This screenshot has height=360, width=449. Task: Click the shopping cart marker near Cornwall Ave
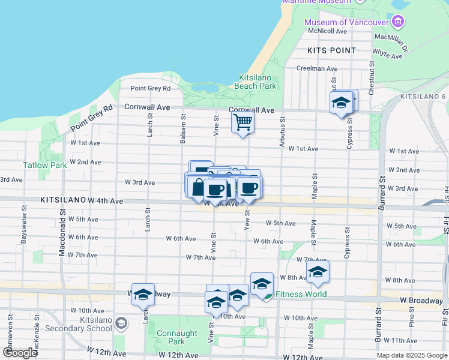[243, 123]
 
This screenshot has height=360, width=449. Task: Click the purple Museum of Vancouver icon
[397, 23]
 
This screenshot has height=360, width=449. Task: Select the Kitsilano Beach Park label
[258, 82]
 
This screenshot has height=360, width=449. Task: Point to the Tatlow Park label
[45, 165]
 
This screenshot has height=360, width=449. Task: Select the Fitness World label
[301, 294]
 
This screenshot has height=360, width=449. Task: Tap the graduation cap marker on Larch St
[143, 295]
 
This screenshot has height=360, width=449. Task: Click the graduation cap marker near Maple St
[318, 273]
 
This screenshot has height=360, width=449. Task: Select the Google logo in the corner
[20, 353]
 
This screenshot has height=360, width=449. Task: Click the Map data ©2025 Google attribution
[411, 355]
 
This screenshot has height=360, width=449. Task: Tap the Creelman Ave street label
[319, 68]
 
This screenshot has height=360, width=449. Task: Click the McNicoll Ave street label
[327, 31]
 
